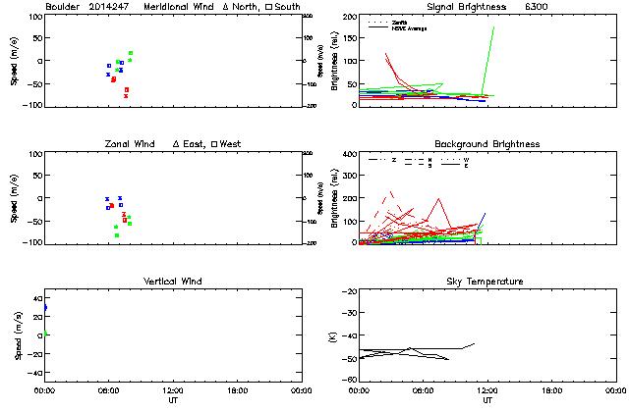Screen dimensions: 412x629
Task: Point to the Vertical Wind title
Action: click(172, 282)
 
